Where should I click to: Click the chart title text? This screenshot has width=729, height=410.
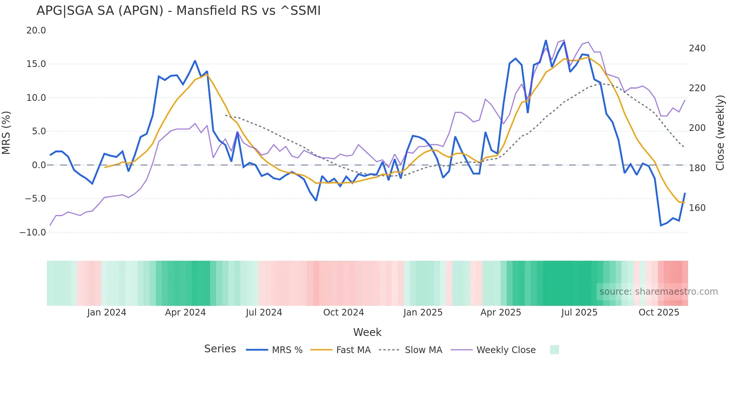coord(179,11)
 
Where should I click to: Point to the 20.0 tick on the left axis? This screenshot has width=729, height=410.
coord(36,31)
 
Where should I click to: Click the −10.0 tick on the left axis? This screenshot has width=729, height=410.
coord(33,233)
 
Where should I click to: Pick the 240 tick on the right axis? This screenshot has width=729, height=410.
coord(697,48)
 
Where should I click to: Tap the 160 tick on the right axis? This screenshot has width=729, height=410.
coord(697,208)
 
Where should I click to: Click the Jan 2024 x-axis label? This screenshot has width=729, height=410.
coord(107,313)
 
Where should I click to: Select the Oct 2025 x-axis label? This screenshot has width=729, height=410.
coord(659,313)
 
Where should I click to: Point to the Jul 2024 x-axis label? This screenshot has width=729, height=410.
coord(264,313)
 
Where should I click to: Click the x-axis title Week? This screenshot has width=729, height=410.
coord(367,332)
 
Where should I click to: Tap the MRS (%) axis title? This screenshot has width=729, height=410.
coord(6,133)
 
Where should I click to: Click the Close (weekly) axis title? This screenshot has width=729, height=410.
coord(720,133)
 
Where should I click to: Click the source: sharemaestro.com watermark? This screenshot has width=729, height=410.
coord(658,292)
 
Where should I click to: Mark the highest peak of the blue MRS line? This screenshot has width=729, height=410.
coord(546,40)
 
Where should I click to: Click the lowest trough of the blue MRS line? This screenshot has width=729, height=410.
coord(661,225)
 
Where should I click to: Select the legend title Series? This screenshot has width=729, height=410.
coord(220,349)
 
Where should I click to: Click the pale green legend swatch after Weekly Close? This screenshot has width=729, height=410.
coord(554,350)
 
